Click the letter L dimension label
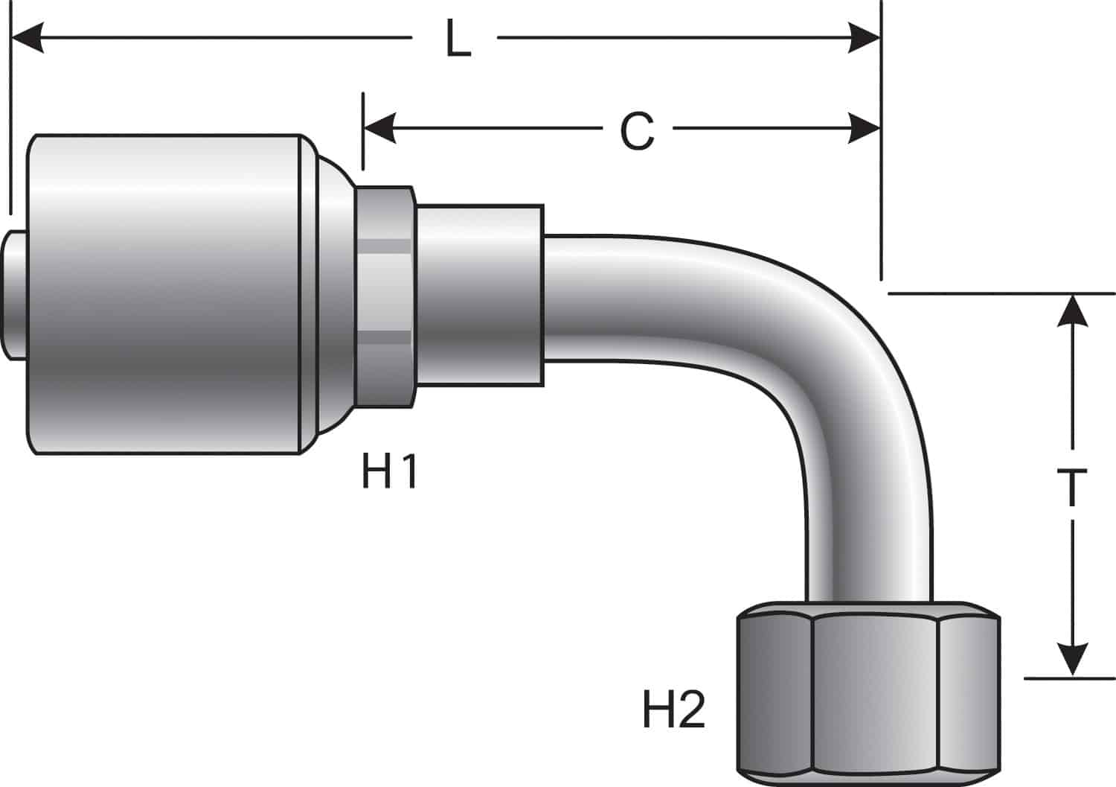pos(458,38)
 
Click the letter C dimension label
pos(637,130)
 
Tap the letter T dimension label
pos(1071,486)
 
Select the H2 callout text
pos(674,710)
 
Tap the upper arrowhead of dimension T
pos(1072,311)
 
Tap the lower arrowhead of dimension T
pos(1072,660)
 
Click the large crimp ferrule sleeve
pos(164,294)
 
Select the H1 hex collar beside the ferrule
pos(385,297)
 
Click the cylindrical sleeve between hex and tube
pos(480,296)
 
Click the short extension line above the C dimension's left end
pos(363,131)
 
